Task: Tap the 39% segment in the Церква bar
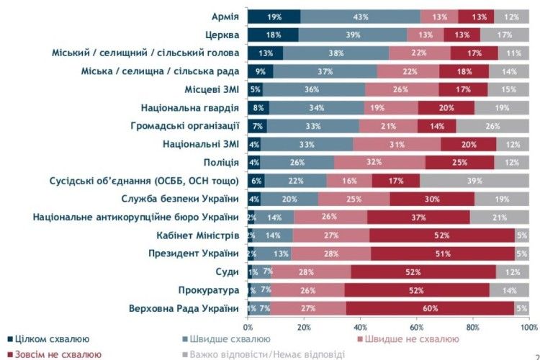tap(353, 35)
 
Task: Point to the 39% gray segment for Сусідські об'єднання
tap(474, 181)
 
